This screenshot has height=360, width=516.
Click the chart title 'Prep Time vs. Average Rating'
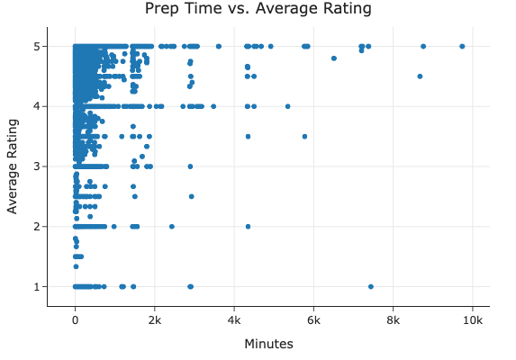tap(258, 9)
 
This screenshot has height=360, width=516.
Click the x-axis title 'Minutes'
tap(268, 344)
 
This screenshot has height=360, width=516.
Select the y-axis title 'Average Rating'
tap(13, 166)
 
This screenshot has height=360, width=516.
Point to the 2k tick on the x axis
tap(155, 319)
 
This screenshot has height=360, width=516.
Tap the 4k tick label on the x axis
tap(234, 319)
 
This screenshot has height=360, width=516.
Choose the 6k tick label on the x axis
tap(314, 319)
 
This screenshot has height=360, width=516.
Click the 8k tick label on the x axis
tap(394, 319)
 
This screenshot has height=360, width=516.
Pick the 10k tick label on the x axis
tap(474, 319)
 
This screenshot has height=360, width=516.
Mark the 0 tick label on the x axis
tap(75, 319)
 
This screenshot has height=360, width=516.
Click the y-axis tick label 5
tap(38, 46)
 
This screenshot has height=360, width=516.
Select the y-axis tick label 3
tap(38, 166)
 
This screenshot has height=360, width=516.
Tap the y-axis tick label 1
tap(38, 286)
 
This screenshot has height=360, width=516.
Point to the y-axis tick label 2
tap(38, 226)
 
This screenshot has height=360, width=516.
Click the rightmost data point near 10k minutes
tap(462, 46)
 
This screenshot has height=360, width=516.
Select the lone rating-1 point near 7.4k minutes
tap(371, 286)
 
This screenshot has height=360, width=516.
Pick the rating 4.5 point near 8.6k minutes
tap(420, 76)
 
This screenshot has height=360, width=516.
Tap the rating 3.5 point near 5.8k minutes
tap(304, 137)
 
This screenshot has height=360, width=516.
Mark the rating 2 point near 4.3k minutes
tap(248, 226)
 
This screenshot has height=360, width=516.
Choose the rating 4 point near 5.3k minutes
tap(287, 106)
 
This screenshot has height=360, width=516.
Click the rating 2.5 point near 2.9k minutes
tap(191, 196)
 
